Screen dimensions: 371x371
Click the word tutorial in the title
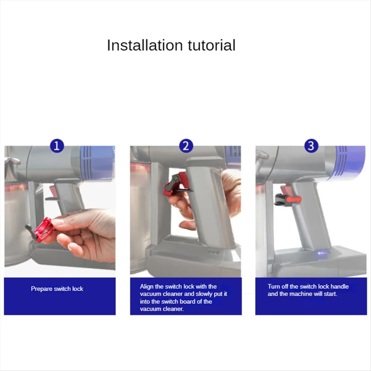212,45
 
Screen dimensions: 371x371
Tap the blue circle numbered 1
57,146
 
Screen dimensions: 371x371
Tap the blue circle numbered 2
185,146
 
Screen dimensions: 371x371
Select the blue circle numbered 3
311,146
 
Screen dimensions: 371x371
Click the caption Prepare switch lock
57,289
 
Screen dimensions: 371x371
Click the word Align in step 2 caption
147,287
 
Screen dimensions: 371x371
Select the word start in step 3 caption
330,294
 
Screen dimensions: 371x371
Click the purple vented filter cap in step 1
96,162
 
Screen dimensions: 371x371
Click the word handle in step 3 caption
339,287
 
